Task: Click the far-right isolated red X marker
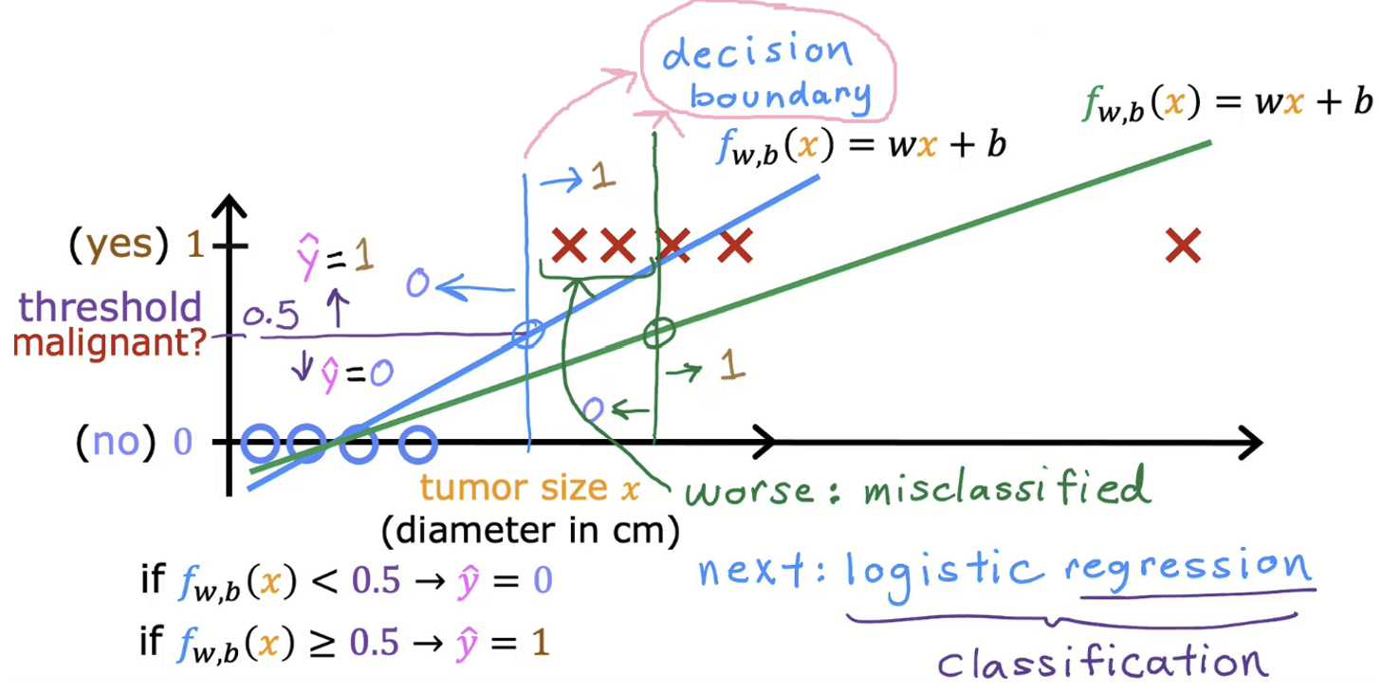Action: click(1183, 246)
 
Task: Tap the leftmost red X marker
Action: click(569, 246)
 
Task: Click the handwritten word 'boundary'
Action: click(780, 95)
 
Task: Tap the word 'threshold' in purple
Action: click(111, 308)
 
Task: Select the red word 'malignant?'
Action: click(111, 341)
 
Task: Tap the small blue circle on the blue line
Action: click(528, 333)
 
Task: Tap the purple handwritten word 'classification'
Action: click(1102, 661)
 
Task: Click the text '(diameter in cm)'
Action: click(531, 533)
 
